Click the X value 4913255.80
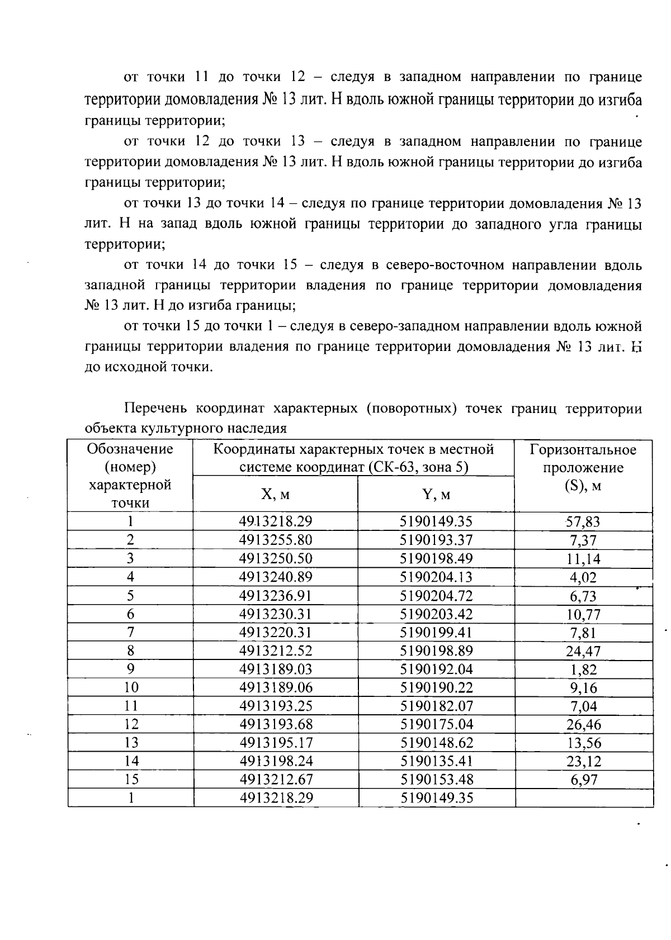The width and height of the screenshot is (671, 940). coord(275,540)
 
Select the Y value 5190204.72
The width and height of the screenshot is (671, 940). coord(436,596)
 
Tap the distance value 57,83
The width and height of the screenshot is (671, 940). coord(583,522)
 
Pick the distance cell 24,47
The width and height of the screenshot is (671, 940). coord(583,651)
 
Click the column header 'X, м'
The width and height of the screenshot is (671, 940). coord(275,495)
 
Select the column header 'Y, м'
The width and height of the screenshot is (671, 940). coord(436,495)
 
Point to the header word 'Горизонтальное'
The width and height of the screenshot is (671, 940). coord(583,450)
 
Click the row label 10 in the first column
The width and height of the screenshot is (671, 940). coord(130,687)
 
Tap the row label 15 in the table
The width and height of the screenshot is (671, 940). coord(130,780)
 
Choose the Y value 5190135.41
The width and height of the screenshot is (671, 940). coord(436,761)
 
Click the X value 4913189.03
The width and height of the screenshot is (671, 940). coord(275,670)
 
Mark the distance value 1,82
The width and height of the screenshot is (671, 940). coord(583,670)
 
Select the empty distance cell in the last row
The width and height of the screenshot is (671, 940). coord(584,797)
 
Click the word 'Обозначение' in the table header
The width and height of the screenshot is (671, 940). coord(130,449)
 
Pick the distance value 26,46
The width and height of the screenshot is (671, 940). coord(583,725)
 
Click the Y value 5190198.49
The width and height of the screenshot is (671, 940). coord(436,559)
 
